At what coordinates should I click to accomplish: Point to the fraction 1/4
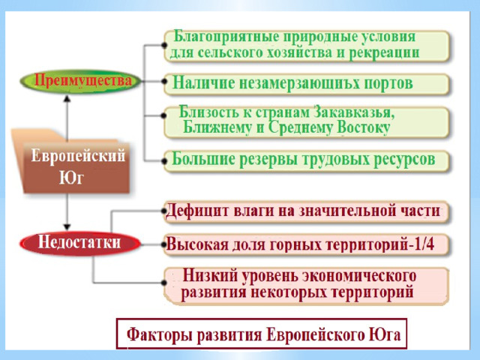433,244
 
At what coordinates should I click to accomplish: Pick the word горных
292,244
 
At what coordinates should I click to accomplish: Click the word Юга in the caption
383,333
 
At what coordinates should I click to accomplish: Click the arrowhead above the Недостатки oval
67,225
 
